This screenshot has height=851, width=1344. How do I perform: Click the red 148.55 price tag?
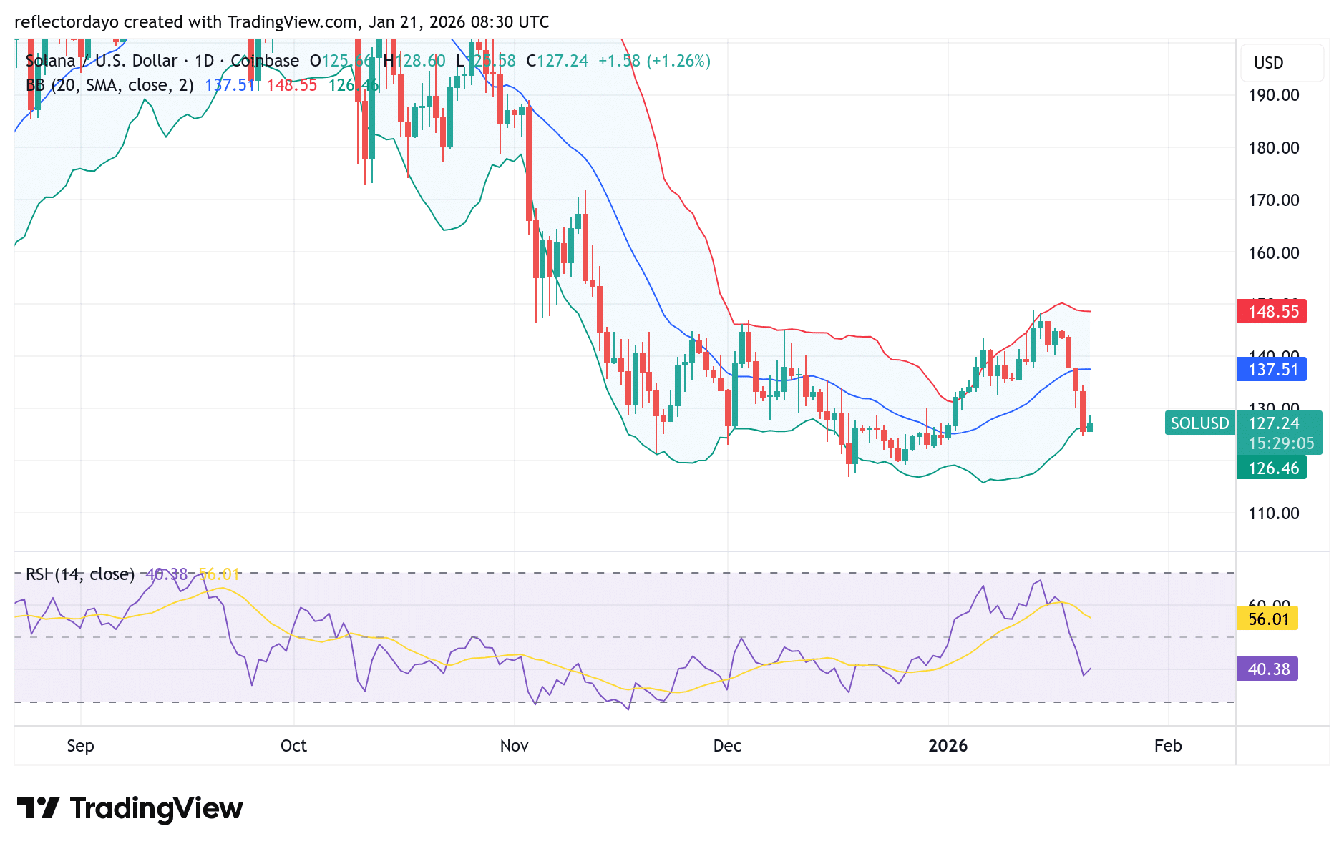[1272, 312]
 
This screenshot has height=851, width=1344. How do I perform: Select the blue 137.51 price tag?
[1272, 370]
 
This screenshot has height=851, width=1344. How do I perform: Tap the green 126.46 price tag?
[1272, 468]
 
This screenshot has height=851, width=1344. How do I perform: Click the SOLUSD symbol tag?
[1199, 423]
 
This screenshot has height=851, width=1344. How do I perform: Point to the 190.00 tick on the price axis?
[1273, 95]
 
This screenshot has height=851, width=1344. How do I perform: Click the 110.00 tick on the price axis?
[1273, 513]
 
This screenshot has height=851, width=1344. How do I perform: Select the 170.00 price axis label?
[1273, 200]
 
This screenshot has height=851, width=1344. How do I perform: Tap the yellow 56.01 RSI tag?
[1267, 619]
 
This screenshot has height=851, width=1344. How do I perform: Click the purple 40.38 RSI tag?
[1267, 669]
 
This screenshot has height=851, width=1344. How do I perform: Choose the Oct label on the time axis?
[293, 746]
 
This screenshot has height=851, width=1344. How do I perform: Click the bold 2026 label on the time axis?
[948, 746]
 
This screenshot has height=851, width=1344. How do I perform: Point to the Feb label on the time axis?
[1168, 746]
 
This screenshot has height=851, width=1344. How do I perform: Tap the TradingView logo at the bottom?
[130, 808]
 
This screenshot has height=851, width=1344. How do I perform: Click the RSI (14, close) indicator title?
[80, 574]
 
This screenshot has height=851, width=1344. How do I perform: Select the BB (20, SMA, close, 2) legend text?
[109, 85]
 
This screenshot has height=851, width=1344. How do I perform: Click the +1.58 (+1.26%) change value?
[654, 61]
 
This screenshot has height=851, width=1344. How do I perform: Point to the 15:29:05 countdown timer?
[1280, 443]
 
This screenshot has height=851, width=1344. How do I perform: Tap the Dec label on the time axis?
[727, 746]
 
